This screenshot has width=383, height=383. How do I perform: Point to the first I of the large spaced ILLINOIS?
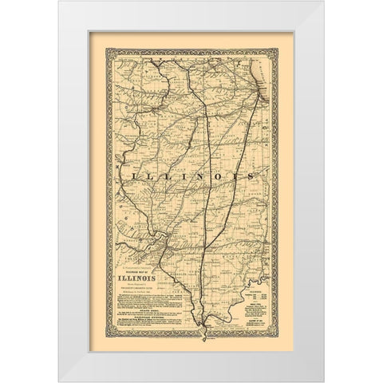point(124,172)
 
